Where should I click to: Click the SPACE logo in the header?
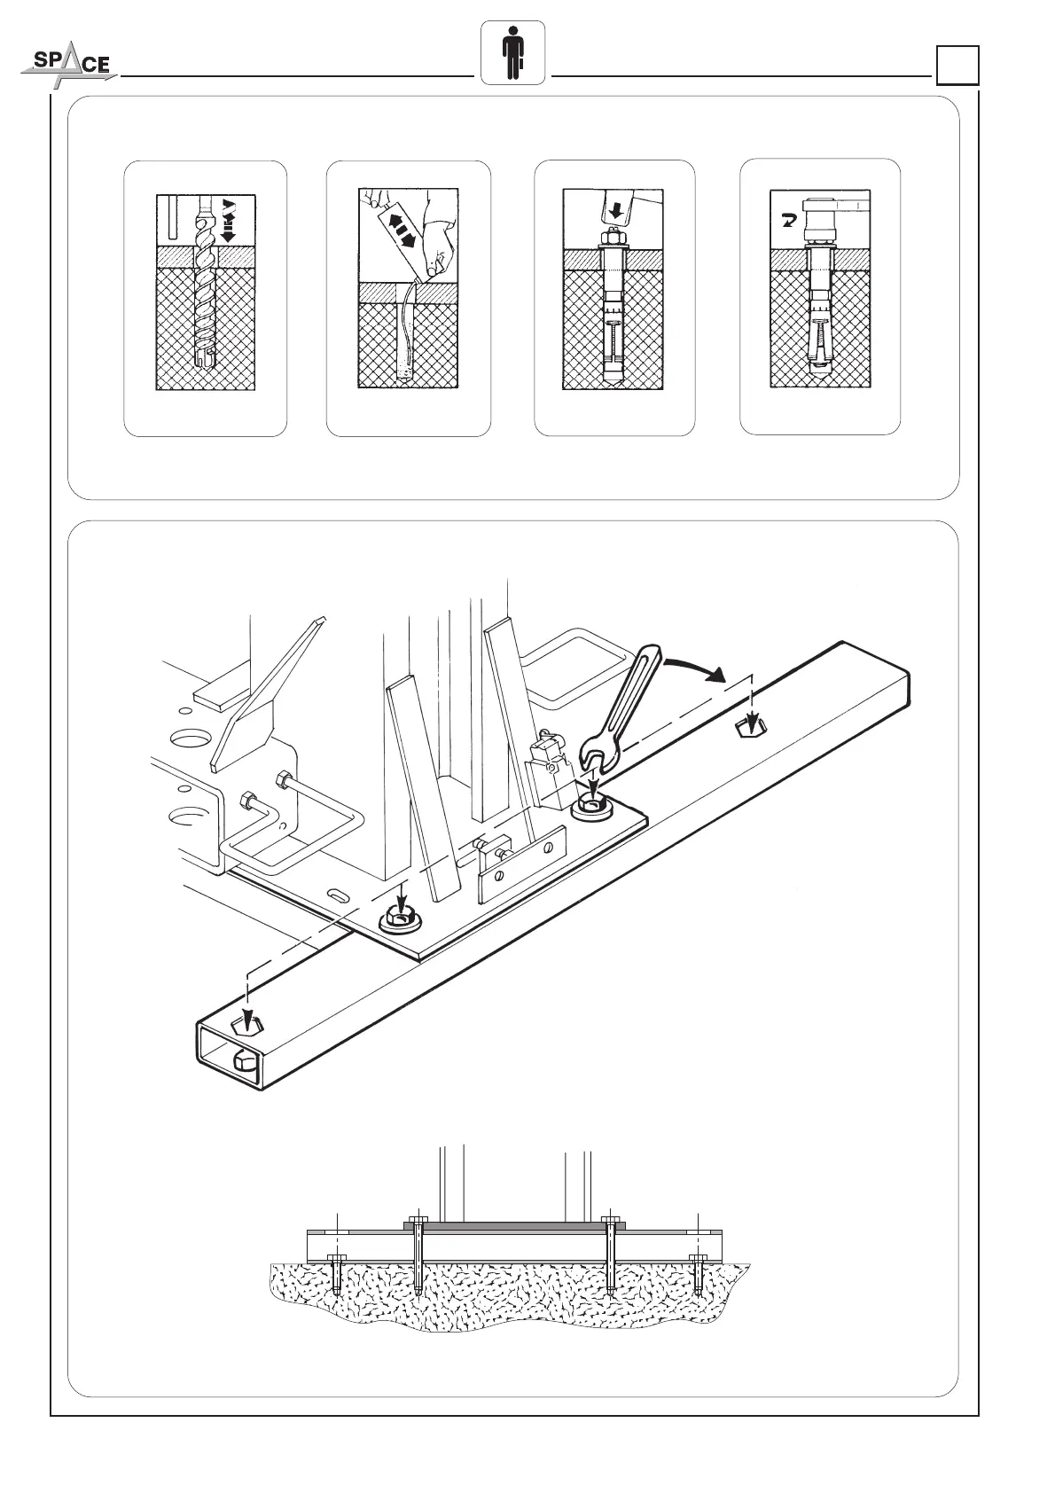(67, 66)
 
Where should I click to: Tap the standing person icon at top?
(513, 53)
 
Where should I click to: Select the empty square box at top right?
(957, 66)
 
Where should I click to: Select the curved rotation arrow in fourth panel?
(786, 220)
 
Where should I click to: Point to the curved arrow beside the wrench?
(700, 667)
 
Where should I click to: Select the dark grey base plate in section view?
(514, 1224)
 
